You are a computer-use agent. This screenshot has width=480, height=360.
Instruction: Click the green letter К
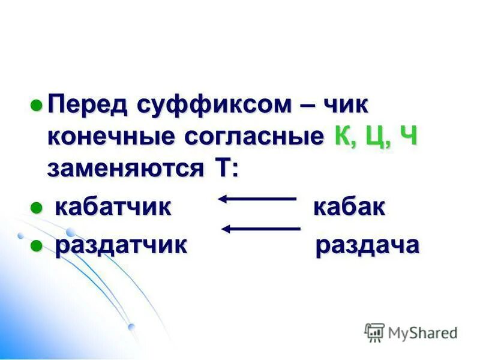tap(341, 136)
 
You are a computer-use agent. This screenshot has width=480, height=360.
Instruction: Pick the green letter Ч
tap(408, 136)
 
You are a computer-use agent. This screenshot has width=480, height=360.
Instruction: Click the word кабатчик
tap(113, 208)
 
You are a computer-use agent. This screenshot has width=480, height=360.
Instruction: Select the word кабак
tap(349, 208)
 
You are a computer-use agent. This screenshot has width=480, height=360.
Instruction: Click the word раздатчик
tap(121, 245)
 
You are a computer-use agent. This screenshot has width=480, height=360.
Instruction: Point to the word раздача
tap(367, 245)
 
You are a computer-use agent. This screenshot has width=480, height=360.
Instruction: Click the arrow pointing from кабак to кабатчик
tap(257, 198)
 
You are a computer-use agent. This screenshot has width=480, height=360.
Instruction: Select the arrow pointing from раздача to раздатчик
tap(260, 229)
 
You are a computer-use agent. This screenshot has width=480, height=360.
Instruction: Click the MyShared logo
tap(412, 332)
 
